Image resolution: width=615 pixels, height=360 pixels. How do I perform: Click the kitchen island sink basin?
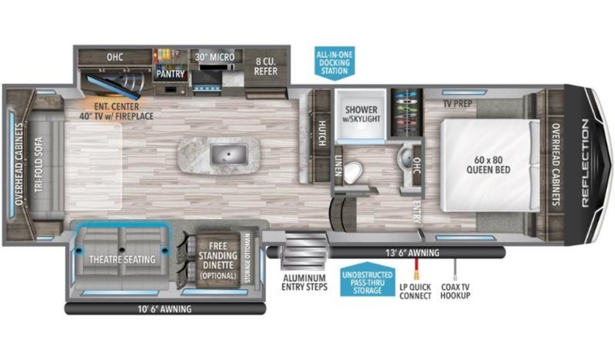pyautogui.click(x=229, y=155)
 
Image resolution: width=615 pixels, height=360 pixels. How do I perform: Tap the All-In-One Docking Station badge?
pyautogui.click(x=334, y=63)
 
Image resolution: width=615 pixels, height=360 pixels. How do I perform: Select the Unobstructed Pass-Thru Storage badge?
pyautogui.click(x=367, y=279)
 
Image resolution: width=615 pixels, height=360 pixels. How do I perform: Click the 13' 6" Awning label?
pyautogui.click(x=413, y=253)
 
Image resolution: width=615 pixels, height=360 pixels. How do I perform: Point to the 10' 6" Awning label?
pyautogui.click(x=165, y=309)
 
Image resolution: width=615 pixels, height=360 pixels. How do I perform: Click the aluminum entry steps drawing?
pyautogui.click(x=304, y=251)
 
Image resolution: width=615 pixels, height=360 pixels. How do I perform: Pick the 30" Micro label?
pyautogui.click(x=215, y=57)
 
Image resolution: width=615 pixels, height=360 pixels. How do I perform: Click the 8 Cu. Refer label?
pyautogui.click(x=265, y=67)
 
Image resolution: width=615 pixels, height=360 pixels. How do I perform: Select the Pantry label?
pyautogui.click(x=171, y=74)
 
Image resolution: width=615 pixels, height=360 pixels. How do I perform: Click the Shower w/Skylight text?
pyautogui.click(x=361, y=114)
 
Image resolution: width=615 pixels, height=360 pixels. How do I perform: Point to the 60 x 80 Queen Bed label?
pyautogui.click(x=488, y=165)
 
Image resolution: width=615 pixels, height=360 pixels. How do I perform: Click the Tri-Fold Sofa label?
pyautogui.click(x=38, y=164)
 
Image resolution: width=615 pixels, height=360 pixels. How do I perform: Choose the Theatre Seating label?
pyautogui.click(x=122, y=259)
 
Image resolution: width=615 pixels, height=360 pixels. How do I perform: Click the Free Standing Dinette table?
pyautogui.click(x=218, y=261)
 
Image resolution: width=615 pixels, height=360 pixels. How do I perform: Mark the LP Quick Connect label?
pyautogui.click(x=416, y=292)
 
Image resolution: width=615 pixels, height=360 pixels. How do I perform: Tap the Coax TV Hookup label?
pyautogui.click(x=456, y=291)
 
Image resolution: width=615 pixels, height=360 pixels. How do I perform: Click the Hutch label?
pyautogui.click(x=322, y=133)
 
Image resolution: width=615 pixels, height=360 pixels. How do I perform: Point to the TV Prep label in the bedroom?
pyautogui.click(x=458, y=104)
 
